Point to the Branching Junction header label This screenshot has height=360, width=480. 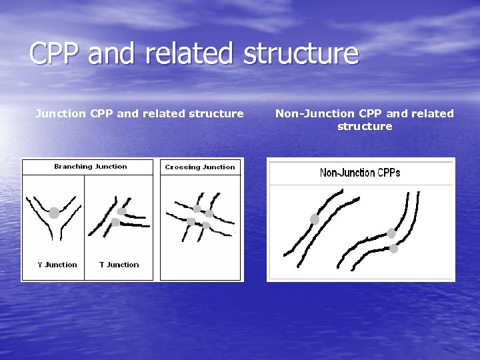pos(90,167)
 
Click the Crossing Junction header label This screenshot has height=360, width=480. pos(200,167)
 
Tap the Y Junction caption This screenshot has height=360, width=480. pos(57,265)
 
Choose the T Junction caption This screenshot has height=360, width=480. pos(119,265)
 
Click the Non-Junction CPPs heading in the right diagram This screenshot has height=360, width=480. pos(360,173)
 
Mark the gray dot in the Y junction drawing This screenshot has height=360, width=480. pos(54,213)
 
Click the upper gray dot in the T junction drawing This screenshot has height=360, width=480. pos(121,211)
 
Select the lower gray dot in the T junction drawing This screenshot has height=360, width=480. pos(115,223)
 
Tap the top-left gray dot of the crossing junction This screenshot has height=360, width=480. pos(197,209)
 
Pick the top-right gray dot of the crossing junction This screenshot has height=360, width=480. pos(209,213)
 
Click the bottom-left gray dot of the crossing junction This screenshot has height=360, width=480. pos(191,221)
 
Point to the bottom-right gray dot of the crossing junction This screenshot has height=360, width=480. pos(206,226)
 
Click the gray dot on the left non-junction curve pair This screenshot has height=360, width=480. pos(315,219)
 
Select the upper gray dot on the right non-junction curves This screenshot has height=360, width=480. pos(391,233)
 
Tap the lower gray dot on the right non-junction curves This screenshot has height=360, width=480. pos(393,249)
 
